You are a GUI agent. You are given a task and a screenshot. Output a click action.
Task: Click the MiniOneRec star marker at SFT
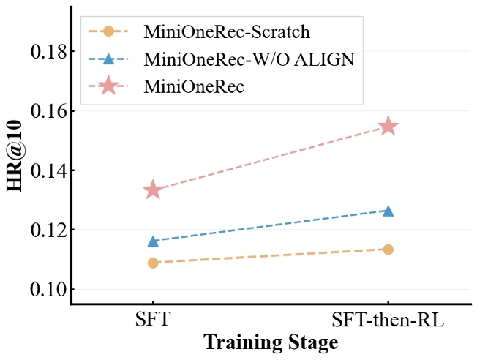pos(153,190)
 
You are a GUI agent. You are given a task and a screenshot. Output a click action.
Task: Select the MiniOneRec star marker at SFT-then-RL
pos(388,127)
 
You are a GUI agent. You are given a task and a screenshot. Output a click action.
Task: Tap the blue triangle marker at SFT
pos(153,241)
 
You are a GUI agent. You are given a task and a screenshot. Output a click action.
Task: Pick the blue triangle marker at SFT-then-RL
pos(388,211)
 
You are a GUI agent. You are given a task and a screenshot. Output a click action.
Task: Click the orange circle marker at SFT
pos(153,263)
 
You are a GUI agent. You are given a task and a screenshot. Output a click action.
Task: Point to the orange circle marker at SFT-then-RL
pos(388,250)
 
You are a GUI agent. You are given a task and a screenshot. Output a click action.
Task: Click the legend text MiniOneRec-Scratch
pos(217,32)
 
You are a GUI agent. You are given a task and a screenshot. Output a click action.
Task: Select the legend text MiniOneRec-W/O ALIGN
pos(249,59)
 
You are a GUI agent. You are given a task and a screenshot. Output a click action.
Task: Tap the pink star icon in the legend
pos(108,86)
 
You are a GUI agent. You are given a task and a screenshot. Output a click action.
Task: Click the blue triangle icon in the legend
pos(108,59)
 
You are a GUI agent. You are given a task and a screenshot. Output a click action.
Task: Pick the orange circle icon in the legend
pos(108,32)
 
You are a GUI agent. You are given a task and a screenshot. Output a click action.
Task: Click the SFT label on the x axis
pos(153,320)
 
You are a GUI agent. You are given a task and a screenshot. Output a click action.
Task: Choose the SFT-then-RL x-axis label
pos(388,320)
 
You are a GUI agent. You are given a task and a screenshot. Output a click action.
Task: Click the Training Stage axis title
pos(271,342)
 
